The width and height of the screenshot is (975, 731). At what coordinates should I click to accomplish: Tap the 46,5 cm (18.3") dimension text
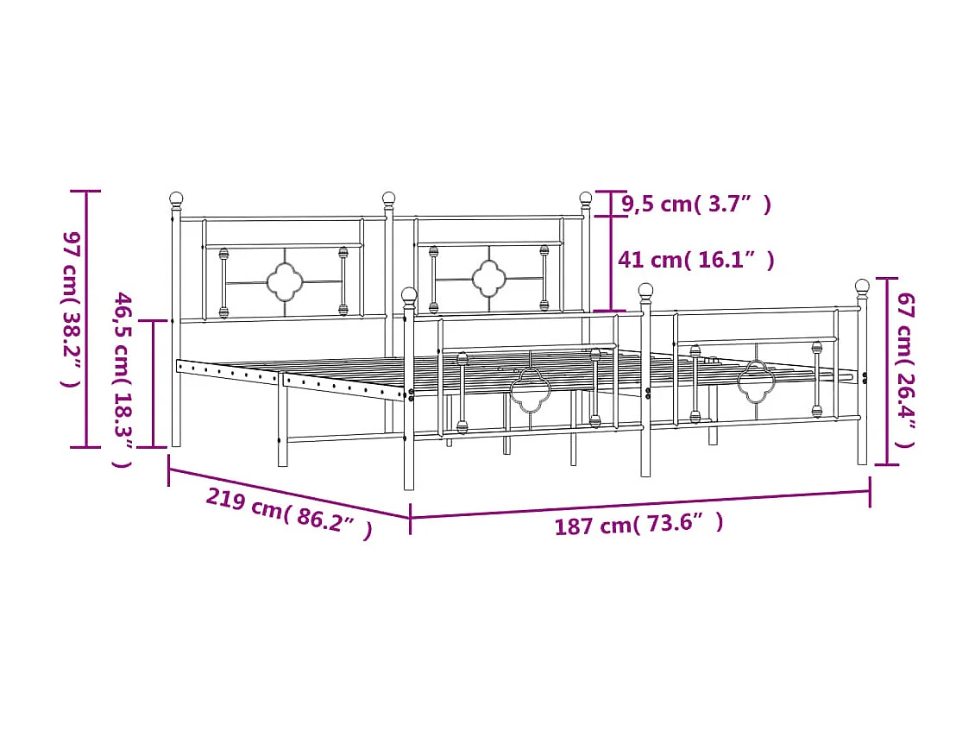click(x=122, y=380)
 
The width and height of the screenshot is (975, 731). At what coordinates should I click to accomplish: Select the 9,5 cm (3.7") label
click(x=696, y=204)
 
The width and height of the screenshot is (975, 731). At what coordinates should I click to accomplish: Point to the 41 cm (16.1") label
click(x=695, y=260)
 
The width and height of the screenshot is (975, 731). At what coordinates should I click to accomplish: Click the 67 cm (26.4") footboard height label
click(x=905, y=370)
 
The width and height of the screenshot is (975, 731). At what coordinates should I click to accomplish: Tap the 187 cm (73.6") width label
click(x=639, y=524)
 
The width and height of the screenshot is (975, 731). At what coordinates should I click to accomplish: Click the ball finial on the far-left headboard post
click(x=177, y=199)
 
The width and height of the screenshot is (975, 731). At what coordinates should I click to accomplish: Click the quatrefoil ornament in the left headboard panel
click(x=285, y=282)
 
